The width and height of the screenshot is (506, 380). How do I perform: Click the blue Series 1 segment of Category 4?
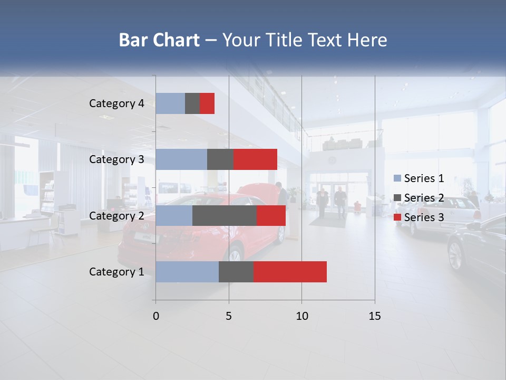coord(170,103)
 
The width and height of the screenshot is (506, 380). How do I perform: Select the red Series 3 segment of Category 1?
coord(290,272)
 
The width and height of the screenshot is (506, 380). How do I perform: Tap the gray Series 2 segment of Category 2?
coord(225,215)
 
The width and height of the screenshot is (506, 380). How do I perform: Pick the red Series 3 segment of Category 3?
coord(255,159)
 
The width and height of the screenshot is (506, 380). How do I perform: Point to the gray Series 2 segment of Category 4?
coord(192,103)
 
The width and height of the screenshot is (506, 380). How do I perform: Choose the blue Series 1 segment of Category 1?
coord(187,272)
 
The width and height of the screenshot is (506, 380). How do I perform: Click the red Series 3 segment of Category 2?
coord(271,215)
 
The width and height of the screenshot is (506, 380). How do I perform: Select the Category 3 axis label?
coord(116,159)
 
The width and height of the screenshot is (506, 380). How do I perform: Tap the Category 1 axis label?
coord(116,272)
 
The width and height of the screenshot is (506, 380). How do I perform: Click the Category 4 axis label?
coord(116,103)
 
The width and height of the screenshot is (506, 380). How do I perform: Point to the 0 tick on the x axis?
coord(155,316)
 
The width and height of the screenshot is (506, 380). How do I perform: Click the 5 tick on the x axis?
coord(229,316)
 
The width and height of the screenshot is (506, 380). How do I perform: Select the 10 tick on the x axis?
coord(301,316)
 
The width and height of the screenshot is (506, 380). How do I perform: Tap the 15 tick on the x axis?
coord(374,316)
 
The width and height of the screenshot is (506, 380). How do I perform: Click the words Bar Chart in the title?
coord(159,40)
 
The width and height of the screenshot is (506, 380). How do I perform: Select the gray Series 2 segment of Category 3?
coord(220,159)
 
